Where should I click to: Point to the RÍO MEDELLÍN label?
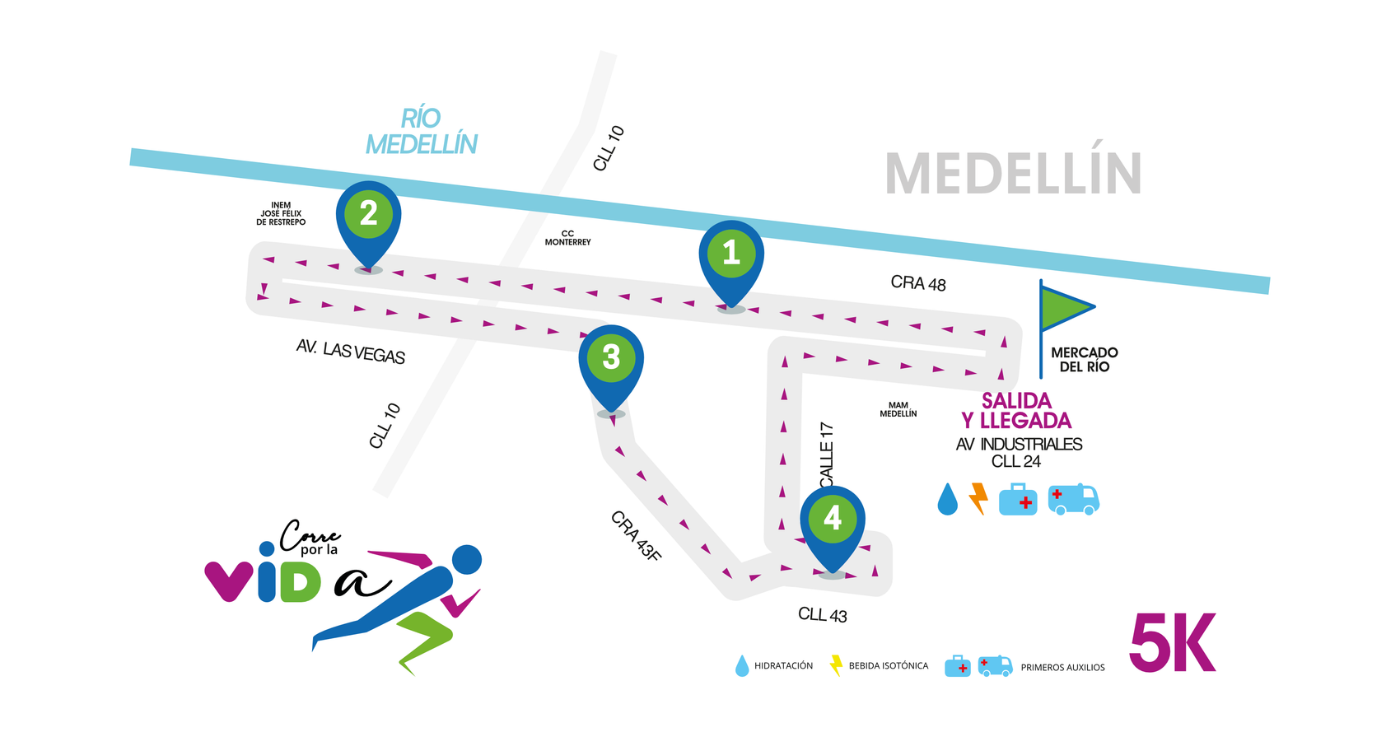click(422, 132)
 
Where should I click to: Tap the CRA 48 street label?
click(918, 283)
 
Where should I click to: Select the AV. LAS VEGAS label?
click(351, 351)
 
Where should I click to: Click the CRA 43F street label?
click(636, 536)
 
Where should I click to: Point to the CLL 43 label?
click(822, 615)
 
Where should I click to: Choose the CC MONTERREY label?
click(567, 238)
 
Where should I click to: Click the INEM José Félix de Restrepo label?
click(281, 214)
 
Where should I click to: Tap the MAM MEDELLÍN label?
click(898, 409)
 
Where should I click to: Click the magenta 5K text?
click(1172, 643)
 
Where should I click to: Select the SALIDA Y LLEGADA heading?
click(1016, 411)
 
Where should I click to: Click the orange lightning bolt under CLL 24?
click(978, 498)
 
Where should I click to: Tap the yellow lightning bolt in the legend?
click(836, 665)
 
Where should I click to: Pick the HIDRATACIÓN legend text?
click(783, 666)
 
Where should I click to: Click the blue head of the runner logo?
click(466, 559)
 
